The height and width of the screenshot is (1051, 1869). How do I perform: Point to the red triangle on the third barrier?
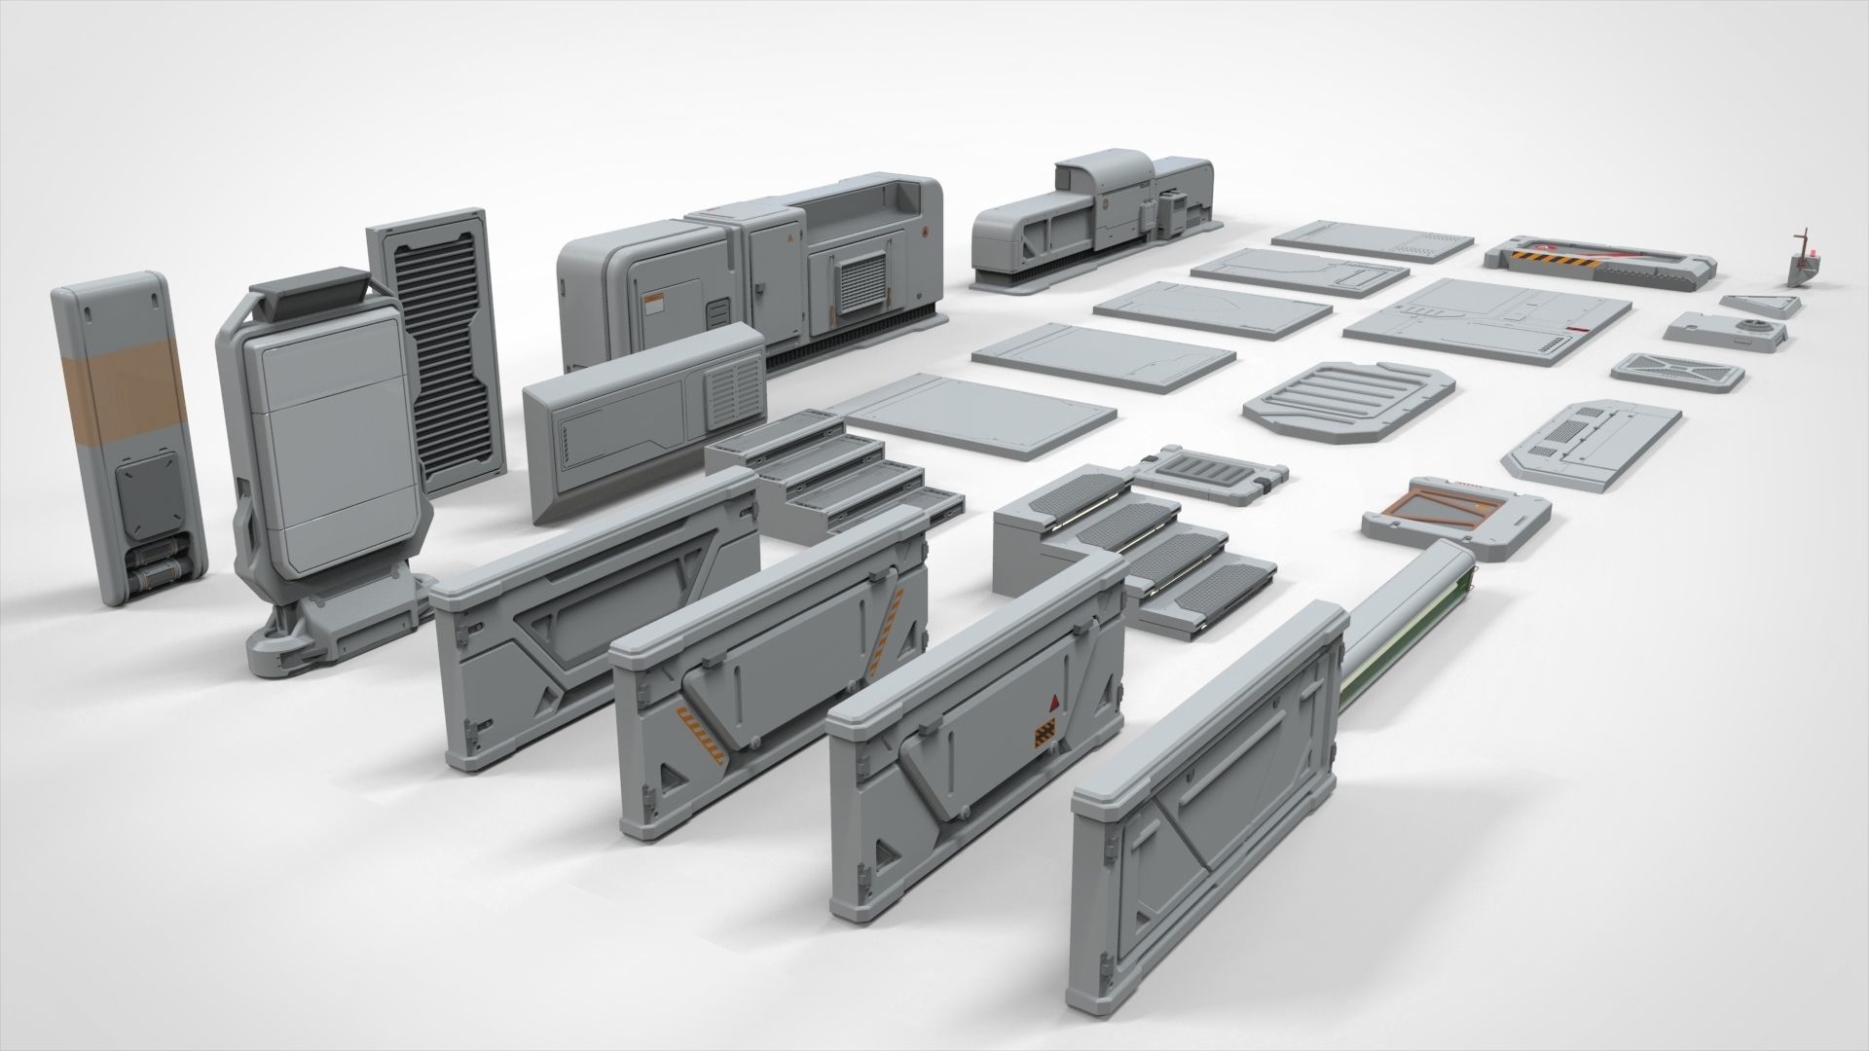click(1053, 703)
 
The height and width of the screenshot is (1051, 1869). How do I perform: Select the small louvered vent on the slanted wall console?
click(730, 396)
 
